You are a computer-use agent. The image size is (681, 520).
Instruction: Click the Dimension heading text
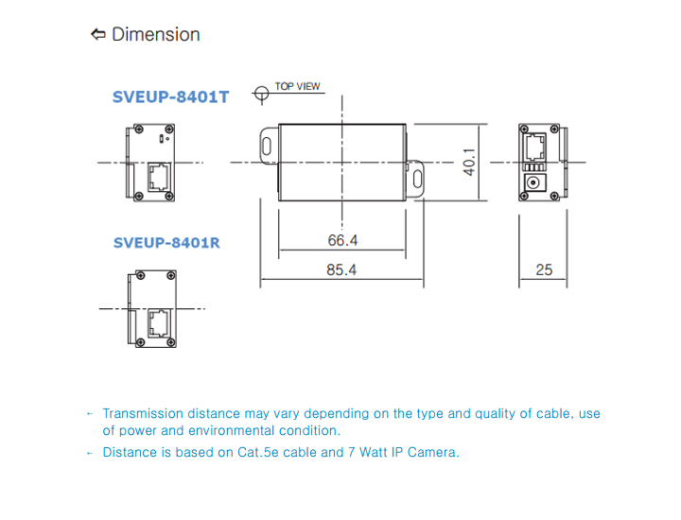155,35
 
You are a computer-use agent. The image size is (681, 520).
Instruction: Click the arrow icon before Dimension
98,35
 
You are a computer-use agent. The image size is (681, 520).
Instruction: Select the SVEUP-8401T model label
170,97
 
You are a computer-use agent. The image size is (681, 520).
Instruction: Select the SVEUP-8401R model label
166,243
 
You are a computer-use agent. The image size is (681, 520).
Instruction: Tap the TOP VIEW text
298,87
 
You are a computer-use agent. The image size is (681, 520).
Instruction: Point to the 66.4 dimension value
342,241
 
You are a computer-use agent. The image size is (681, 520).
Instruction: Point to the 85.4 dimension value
341,270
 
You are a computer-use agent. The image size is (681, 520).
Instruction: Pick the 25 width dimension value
544,270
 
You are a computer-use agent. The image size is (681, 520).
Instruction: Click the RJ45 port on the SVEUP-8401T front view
159,176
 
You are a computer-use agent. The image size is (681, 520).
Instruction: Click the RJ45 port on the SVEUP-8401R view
159,321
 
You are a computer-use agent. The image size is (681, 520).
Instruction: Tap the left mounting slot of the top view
268,147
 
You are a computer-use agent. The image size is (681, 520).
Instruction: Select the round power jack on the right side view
535,182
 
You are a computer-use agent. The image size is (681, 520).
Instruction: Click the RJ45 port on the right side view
535,146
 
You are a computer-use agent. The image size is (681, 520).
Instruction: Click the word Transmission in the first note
142,414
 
